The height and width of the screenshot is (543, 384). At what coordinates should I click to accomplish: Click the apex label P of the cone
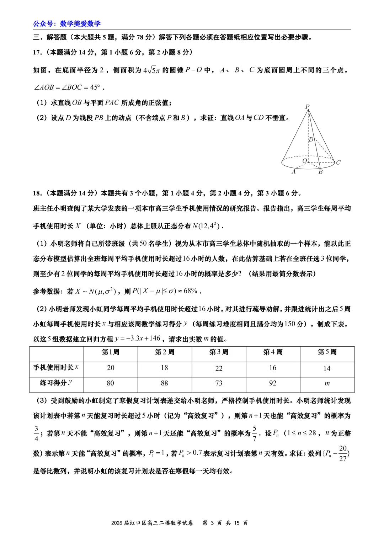307,106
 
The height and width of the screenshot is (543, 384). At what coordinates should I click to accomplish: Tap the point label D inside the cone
311,139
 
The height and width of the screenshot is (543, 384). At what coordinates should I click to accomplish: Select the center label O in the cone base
305,161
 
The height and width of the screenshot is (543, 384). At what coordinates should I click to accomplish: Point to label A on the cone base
293,172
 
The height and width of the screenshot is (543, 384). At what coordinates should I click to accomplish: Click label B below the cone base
320,172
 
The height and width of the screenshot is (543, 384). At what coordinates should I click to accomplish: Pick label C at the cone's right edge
338,162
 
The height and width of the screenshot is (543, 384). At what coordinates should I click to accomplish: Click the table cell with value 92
273,383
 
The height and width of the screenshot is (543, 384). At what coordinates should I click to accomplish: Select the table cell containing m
327,383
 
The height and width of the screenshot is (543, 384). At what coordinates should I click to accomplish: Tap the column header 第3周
219,352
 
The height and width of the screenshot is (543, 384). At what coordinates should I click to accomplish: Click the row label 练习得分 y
56,383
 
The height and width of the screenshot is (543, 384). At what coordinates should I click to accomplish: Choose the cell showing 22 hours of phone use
219,368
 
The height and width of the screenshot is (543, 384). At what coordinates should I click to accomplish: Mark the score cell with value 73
219,383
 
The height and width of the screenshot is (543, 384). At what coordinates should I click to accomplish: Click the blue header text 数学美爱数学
80,24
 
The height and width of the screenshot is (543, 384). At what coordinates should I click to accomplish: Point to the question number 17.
37,52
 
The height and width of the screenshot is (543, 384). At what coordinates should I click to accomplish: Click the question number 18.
37,193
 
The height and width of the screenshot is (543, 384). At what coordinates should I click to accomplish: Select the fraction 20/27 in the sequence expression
342,453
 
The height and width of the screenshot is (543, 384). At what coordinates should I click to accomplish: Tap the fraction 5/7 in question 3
254,433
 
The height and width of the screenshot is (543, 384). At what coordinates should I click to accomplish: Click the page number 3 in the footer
212,523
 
